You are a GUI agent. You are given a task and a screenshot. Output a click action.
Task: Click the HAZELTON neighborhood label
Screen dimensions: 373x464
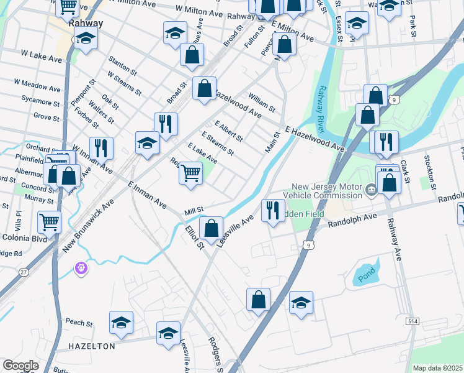[92, 346]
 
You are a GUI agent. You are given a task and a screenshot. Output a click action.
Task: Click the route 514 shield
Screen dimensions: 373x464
[412, 321]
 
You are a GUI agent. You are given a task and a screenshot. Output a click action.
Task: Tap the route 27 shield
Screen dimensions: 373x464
[24, 272]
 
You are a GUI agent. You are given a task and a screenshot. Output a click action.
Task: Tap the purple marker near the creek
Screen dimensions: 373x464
[81, 268]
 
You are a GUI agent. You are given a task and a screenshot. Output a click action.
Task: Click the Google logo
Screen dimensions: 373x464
[21, 366]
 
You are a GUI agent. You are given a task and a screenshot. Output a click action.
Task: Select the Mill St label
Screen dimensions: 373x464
[194, 213]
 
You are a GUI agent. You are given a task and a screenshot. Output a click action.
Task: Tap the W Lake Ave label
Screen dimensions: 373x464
[42, 57]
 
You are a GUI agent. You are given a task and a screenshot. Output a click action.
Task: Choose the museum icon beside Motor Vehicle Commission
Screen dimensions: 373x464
[370, 190]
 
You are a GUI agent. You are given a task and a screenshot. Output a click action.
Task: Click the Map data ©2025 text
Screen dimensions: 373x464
[437, 368]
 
